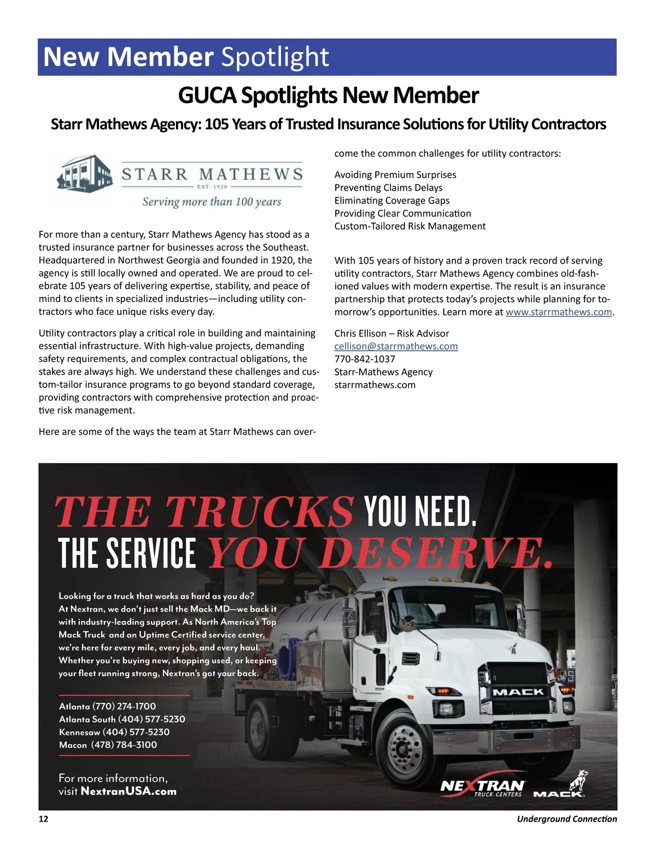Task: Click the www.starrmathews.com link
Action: coord(558,312)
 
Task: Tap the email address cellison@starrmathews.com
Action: coord(396,346)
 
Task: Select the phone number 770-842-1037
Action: coord(365,359)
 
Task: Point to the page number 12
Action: coord(43,819)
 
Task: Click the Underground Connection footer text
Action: coord(566,819)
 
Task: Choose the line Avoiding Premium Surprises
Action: coord(395,175)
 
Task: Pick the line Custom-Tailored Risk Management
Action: coord(409,226)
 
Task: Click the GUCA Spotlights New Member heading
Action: coord(328,96)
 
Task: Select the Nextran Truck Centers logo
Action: coord(482,787)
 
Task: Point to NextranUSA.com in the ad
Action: coord(128,791)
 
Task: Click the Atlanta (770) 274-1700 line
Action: coord(107,706)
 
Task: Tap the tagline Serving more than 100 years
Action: coord(212,202)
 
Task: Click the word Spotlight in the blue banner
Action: coord(275,57)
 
